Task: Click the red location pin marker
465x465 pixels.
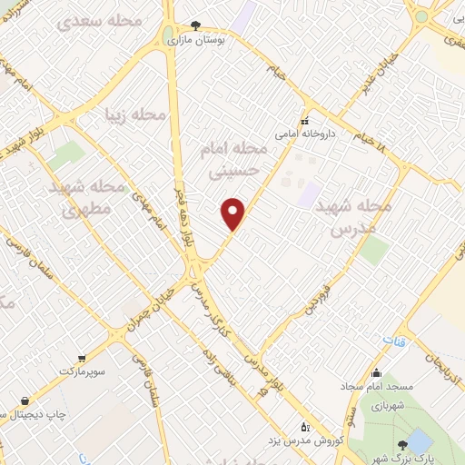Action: pos(233,213)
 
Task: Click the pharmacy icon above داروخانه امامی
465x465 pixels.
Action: pos(305,120)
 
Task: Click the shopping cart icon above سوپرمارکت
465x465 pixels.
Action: pos(82,358)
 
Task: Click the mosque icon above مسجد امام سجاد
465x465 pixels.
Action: pos(375,372)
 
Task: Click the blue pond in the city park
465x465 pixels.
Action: pos(419,441)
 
